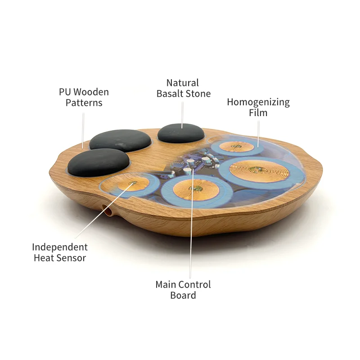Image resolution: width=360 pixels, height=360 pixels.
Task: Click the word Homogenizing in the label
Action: (258, 102)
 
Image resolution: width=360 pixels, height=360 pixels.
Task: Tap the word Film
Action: (258, 113)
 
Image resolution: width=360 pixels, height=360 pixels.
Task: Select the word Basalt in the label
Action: (169, 94)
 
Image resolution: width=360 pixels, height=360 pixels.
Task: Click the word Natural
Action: (182, 83)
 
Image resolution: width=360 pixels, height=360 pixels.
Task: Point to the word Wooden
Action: (91, 92)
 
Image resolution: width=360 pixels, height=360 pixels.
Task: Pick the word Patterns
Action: (84, 103)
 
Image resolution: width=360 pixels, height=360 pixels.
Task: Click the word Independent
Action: (59, 247)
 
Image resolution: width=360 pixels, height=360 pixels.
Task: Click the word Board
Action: (183, 295)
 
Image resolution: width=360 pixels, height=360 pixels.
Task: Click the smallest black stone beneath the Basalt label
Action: (181, 133)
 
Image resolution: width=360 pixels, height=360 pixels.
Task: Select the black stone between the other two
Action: (120, 139)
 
